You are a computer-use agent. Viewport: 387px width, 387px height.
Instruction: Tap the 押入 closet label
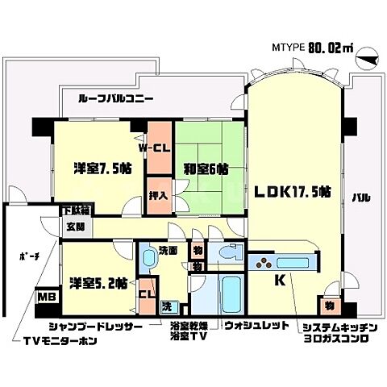pos(158,194)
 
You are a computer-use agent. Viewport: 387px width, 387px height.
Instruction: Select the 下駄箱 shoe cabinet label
pos(76,210)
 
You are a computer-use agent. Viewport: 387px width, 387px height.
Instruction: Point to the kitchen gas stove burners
pos(265,261)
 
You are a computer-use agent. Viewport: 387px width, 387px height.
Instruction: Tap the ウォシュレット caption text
pos(256,327)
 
